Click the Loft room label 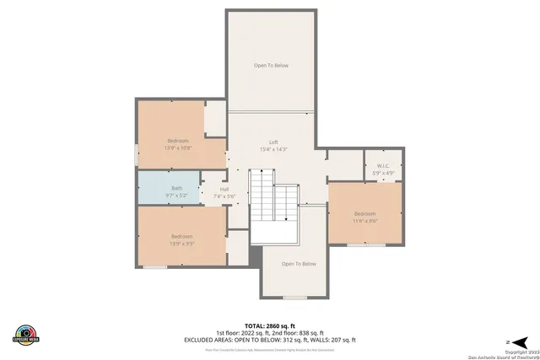273,142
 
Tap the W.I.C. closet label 381,166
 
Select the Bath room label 176,187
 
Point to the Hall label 224,189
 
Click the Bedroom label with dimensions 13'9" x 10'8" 177,140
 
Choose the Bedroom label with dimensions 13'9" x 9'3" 181,236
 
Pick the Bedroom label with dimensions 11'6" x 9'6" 364,213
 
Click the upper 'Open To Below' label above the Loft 272,65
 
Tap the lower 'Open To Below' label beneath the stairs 298,264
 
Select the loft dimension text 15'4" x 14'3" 273,149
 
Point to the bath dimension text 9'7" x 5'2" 176,195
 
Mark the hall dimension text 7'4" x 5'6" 224,196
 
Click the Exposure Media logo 25,333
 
